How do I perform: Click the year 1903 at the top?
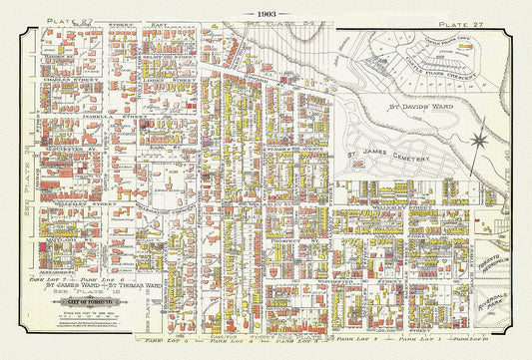[x=266, y=13]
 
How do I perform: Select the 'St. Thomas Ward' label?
[x=135, y=287]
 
